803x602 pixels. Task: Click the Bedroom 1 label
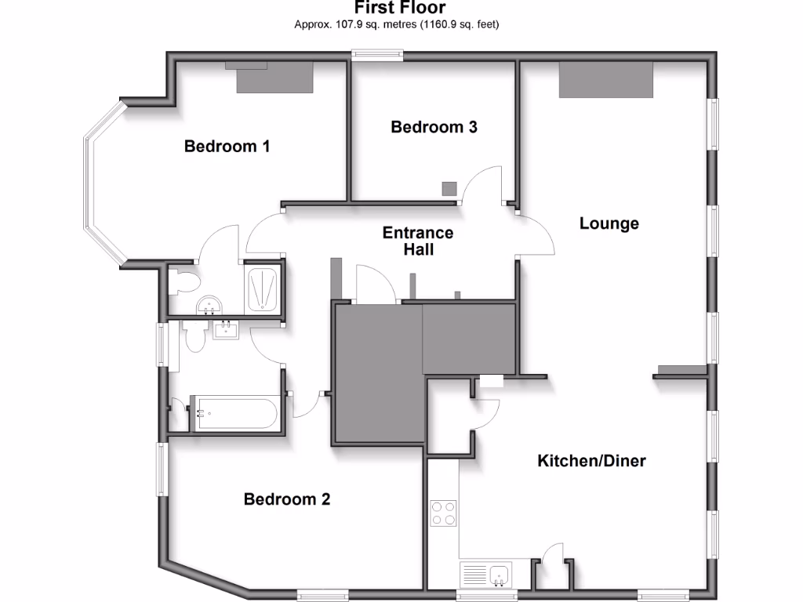point(227,146)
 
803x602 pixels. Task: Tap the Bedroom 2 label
point(287,499)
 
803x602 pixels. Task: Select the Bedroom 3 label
point(434,126)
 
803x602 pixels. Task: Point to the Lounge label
point(609,223)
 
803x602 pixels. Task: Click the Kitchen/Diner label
point(591,460)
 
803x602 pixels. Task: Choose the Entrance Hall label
point(418,241)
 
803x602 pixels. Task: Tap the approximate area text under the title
point(397,24)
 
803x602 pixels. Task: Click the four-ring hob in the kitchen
point(443,513)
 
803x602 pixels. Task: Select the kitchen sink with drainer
point(485,575)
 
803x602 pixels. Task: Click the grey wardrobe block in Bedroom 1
point(274,78)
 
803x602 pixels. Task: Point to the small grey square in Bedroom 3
point(449,188)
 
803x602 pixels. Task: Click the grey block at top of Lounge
point(605,80)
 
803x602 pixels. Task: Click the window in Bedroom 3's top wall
point(377,55)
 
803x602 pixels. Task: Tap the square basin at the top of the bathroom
point(226,329)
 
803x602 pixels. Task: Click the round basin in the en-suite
point(209,305)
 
